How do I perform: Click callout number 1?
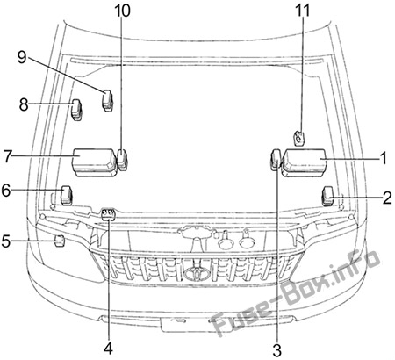click(x=383, y=158)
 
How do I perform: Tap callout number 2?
click(x=387, y=198)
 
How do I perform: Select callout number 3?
click(x=276, y=350)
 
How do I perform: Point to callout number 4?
click(x=108, y=349)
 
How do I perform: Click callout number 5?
click(x=6, y=241)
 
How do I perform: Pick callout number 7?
click(x=8, y=156)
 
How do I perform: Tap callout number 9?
click(x=22, y=57)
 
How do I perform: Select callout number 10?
click(x=122, y=11)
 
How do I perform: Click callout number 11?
click(x=303, y=11)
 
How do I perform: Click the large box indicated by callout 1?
click(x=304, y=162)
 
